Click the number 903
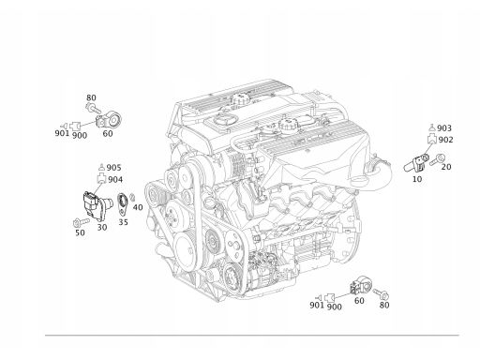(x=444, y=128)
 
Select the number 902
(x=445, y=140)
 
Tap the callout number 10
(x=417, y=179)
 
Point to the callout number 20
(x=446, y=167)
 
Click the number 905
(x=113, y=168)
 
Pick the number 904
(x=115, y=180)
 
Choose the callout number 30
(x=102, y=228)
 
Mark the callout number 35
(x=123, y=222)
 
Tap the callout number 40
(x=138, y=207)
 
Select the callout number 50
(x=80, y=232)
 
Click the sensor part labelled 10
(x=415, y=164)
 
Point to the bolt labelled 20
(x=437, y=159)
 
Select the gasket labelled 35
(x=122, y=204)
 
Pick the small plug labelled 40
(x=132, y=197)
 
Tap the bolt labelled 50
(x=81, y=222)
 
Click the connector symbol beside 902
(x=431, y=139)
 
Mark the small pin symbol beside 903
(x=431, y=127)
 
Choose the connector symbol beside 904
(x=101, y=179)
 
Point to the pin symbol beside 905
(x=101, y=167)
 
